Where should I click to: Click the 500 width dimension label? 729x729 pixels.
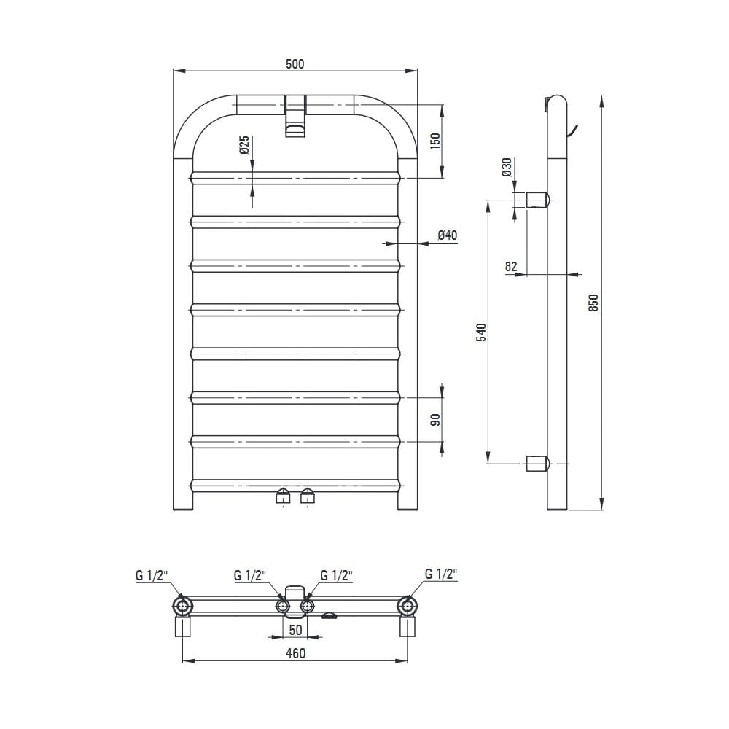295,63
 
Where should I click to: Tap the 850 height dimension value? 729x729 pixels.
593,303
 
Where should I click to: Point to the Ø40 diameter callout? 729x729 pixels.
448,235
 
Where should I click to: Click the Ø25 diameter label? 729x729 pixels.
244,145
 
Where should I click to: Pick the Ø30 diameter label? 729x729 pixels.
507,167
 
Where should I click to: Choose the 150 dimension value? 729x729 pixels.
434,141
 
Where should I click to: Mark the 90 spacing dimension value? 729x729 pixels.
435,420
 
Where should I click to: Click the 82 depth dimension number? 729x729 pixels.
511,266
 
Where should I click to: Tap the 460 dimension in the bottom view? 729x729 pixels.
296,653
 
